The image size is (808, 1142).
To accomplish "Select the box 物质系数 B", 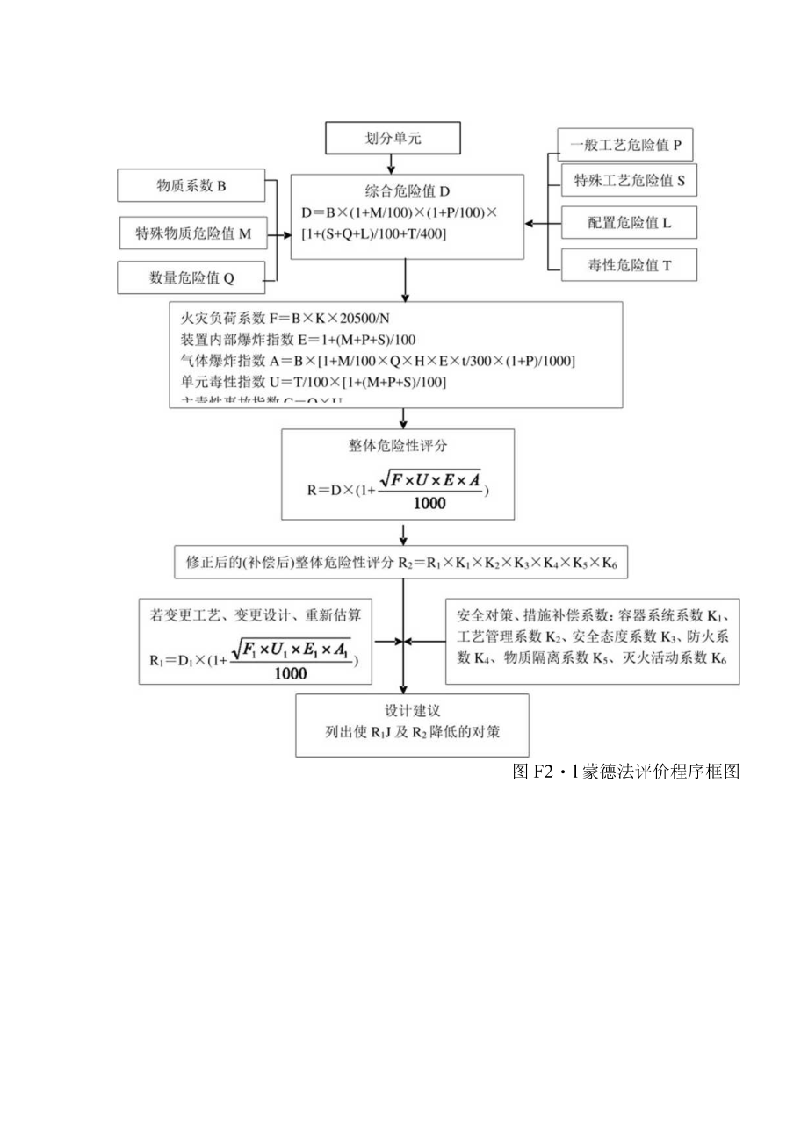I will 191,186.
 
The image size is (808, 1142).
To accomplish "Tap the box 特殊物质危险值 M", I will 193,233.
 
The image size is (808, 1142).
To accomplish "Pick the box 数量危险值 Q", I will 191,278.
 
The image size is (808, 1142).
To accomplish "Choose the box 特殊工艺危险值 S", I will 629,181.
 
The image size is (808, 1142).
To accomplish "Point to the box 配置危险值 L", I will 629,223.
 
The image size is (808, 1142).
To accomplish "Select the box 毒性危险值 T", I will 629,264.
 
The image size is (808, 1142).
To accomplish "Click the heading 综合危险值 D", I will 408,191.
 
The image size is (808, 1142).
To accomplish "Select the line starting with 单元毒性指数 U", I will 313,381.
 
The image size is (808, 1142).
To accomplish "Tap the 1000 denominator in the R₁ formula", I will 290,673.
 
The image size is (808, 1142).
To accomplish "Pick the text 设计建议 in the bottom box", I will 412,711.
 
